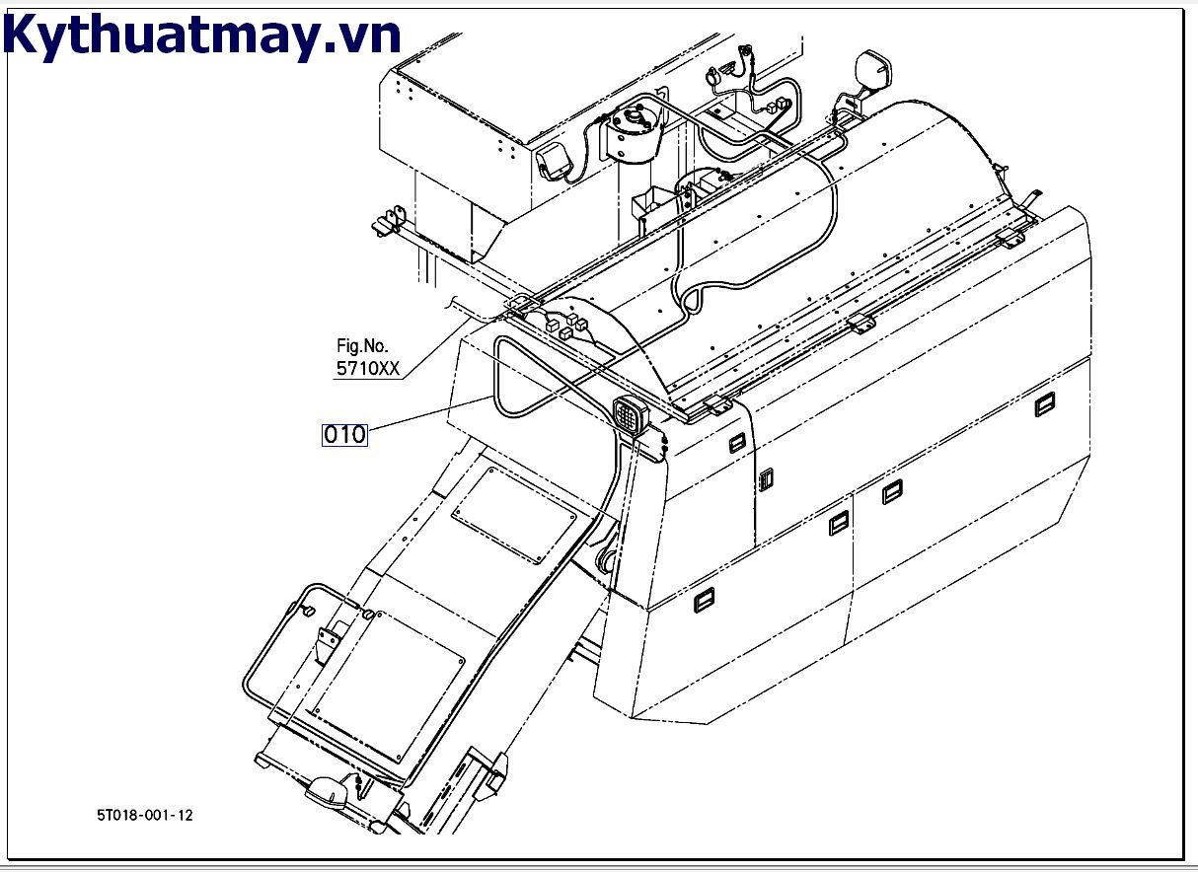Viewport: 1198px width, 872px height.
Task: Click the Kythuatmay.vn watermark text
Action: point(202,36)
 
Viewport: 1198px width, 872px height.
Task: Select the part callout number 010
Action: point(344,434)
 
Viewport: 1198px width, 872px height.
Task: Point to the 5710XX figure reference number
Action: point(369,369)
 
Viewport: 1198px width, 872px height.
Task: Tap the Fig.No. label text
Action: point(363,346)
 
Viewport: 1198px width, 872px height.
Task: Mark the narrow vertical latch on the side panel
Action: point(765,479)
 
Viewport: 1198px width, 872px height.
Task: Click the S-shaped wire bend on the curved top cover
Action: point(694,294)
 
